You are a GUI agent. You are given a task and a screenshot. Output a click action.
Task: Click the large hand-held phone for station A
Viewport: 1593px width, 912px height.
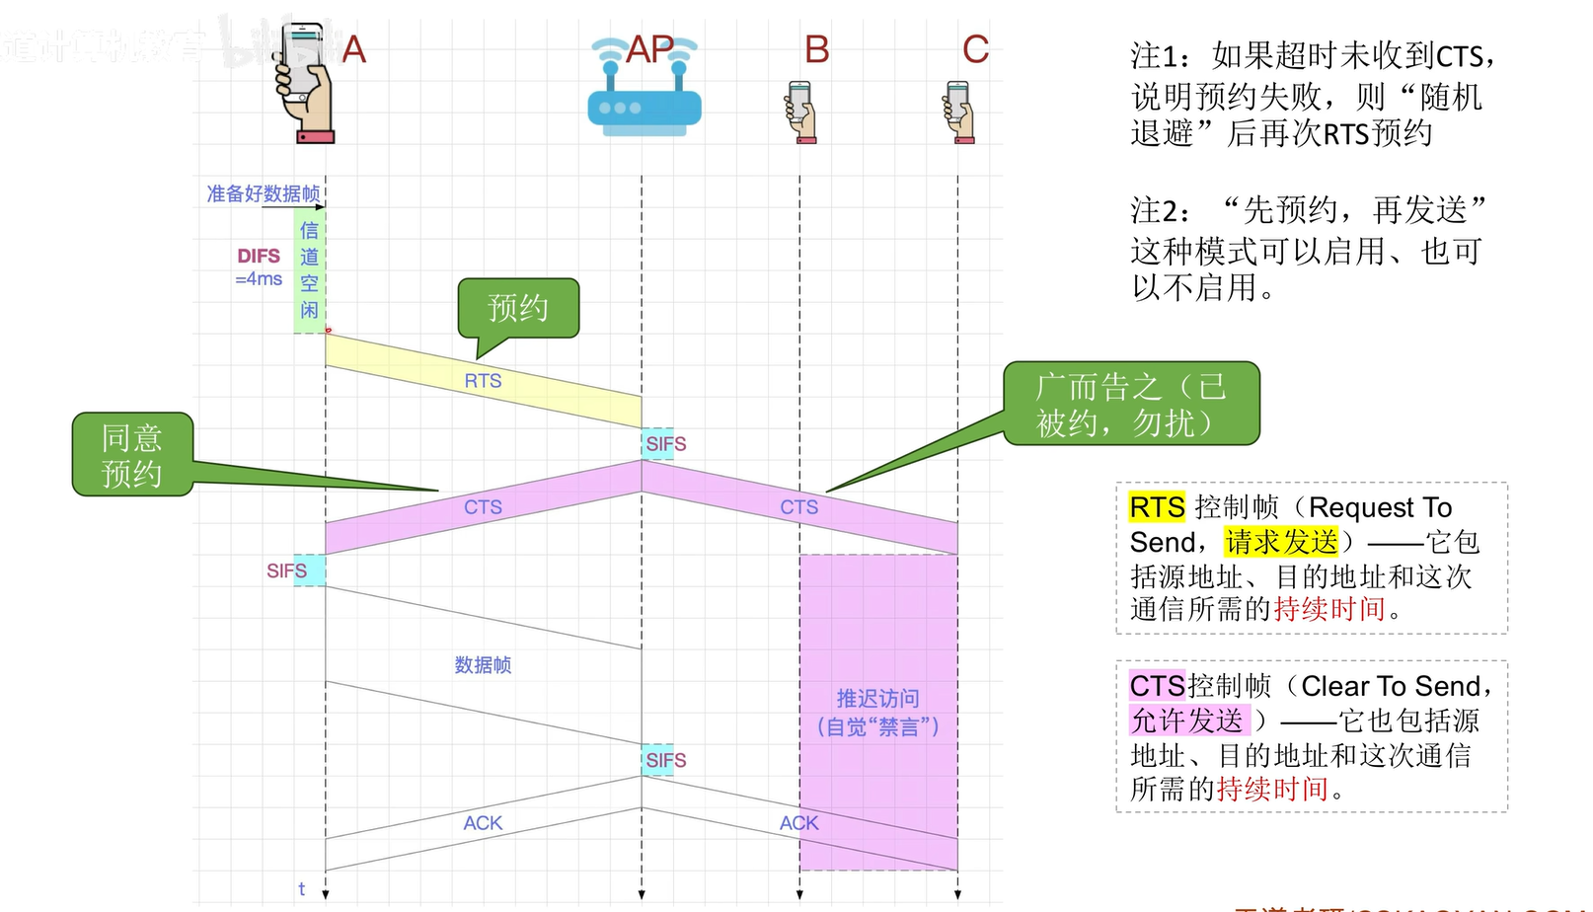click(x=306, y=84)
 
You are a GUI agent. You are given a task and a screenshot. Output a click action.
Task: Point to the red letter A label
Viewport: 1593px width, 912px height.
click(x=353, y=49)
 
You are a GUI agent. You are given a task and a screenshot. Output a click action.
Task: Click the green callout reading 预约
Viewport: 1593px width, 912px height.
click(x=518, y=308)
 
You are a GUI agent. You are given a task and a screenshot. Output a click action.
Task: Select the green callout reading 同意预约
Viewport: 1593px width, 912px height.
click(x=132, y=454)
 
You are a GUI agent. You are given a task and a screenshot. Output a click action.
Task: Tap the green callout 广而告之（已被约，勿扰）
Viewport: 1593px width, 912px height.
click(x=1131, y=404)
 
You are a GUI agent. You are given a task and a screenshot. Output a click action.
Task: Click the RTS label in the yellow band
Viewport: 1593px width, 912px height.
click(x=484, y=381)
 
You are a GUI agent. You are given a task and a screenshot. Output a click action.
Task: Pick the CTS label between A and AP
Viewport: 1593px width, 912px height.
click(x=484, y=507)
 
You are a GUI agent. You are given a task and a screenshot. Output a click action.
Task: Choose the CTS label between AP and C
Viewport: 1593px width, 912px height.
click(x=799, y=507)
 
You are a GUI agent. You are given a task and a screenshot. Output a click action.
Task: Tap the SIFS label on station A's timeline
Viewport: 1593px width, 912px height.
click(x=287, y=570)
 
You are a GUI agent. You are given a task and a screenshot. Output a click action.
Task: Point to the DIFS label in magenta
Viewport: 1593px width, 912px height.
click(x=259, y=256)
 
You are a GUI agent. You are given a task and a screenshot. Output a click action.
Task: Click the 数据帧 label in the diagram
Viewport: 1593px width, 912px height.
click(x=484, y=665)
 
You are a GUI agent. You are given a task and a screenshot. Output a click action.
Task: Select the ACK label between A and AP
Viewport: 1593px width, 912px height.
click(x=484, y=823)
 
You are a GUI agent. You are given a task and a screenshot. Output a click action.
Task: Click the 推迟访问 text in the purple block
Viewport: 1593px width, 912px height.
click(x=878, y=699)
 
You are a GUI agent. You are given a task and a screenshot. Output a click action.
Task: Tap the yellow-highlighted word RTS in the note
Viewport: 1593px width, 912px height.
click(x=1157, y=507)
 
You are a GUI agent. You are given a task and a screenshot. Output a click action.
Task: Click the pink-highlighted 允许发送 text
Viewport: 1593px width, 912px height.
click(x=1187, y=721)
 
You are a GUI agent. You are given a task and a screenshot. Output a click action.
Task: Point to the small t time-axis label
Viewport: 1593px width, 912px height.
click(x=302, y=888)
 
